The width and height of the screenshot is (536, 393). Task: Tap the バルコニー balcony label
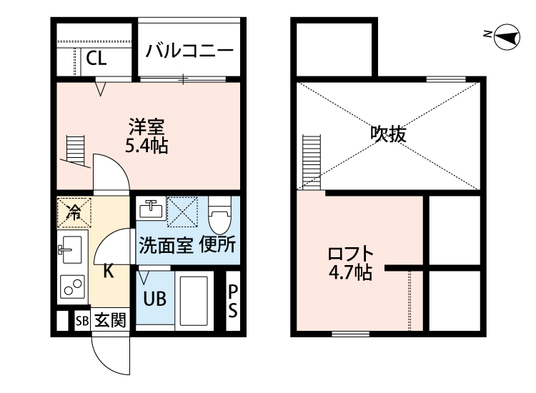click(x=189, y=51)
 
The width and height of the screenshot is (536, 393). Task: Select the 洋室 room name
click(x=147, y=129)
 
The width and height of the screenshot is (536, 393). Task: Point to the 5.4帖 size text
click(x=147, y=147)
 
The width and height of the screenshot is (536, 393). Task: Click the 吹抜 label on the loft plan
click(x=388, y=134)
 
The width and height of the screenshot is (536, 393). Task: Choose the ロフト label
click(x=350, y=254)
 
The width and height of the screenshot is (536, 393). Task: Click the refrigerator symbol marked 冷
click(x=73, y=211)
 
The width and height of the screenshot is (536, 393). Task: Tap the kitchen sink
click(x=71, y=249)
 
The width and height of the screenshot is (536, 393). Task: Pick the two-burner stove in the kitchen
click(x=71, y=286)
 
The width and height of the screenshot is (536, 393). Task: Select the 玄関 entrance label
click(x=109, y=321)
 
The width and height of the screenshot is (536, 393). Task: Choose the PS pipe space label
click(x=233, y=299)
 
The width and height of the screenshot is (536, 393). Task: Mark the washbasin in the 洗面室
click(x=152, y=209)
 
